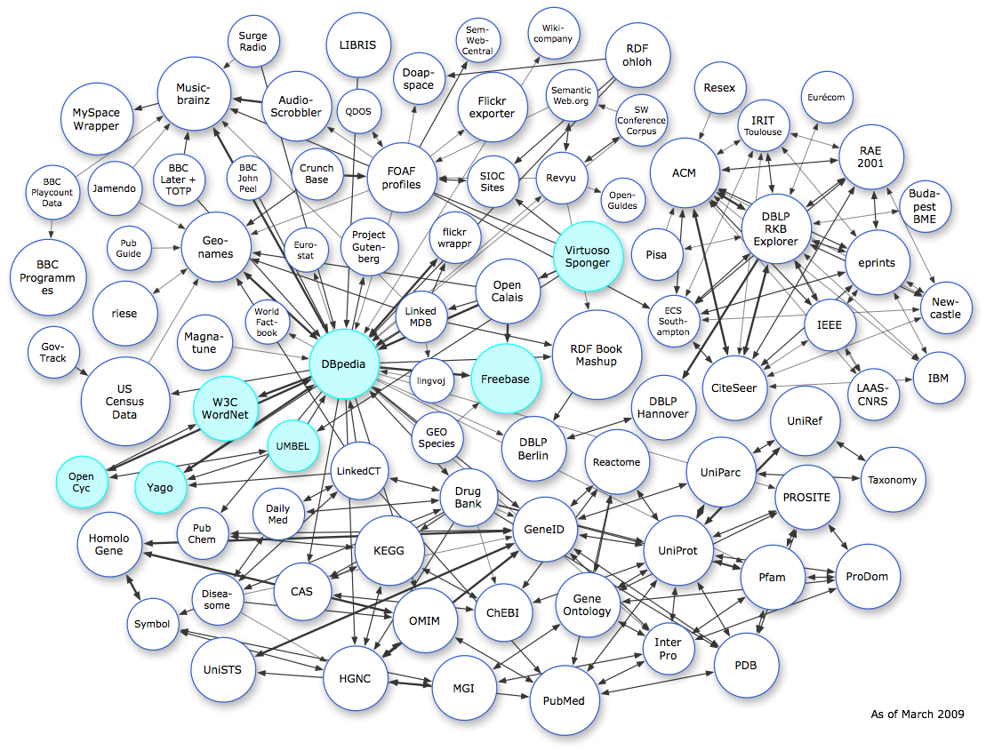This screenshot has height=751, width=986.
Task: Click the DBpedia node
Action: [x=344, y=364]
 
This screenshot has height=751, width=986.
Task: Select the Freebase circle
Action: [x=505, y=379]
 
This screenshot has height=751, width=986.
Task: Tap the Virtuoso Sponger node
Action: [x=587, y=256]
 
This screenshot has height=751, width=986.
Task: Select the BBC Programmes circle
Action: [x=48, y=277]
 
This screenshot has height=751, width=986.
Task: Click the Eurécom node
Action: [x=825, y=97]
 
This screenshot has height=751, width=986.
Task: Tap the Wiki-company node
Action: [x=554, y=39]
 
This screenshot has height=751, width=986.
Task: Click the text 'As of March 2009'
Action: [x=916, y=714]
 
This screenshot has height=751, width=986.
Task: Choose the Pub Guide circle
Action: [x=129, y=247]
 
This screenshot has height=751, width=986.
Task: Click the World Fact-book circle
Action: [x=267, y=323]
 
